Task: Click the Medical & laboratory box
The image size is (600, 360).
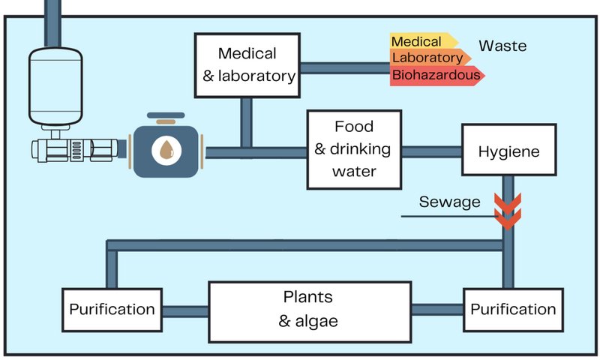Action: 247,64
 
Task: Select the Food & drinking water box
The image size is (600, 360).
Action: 352,148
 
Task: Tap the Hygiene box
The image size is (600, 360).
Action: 509,151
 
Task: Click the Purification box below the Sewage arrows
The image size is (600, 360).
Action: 513,309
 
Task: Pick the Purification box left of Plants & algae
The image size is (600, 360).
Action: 112,309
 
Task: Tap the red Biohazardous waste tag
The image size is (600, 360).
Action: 435,75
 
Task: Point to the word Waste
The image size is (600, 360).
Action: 502,46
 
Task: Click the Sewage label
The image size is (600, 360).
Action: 450,202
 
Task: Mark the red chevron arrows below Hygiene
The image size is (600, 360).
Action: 508,211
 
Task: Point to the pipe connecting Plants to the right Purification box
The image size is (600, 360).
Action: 437,308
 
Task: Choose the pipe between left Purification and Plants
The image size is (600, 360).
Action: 184,309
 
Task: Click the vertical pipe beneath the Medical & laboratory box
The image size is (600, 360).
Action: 245,121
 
